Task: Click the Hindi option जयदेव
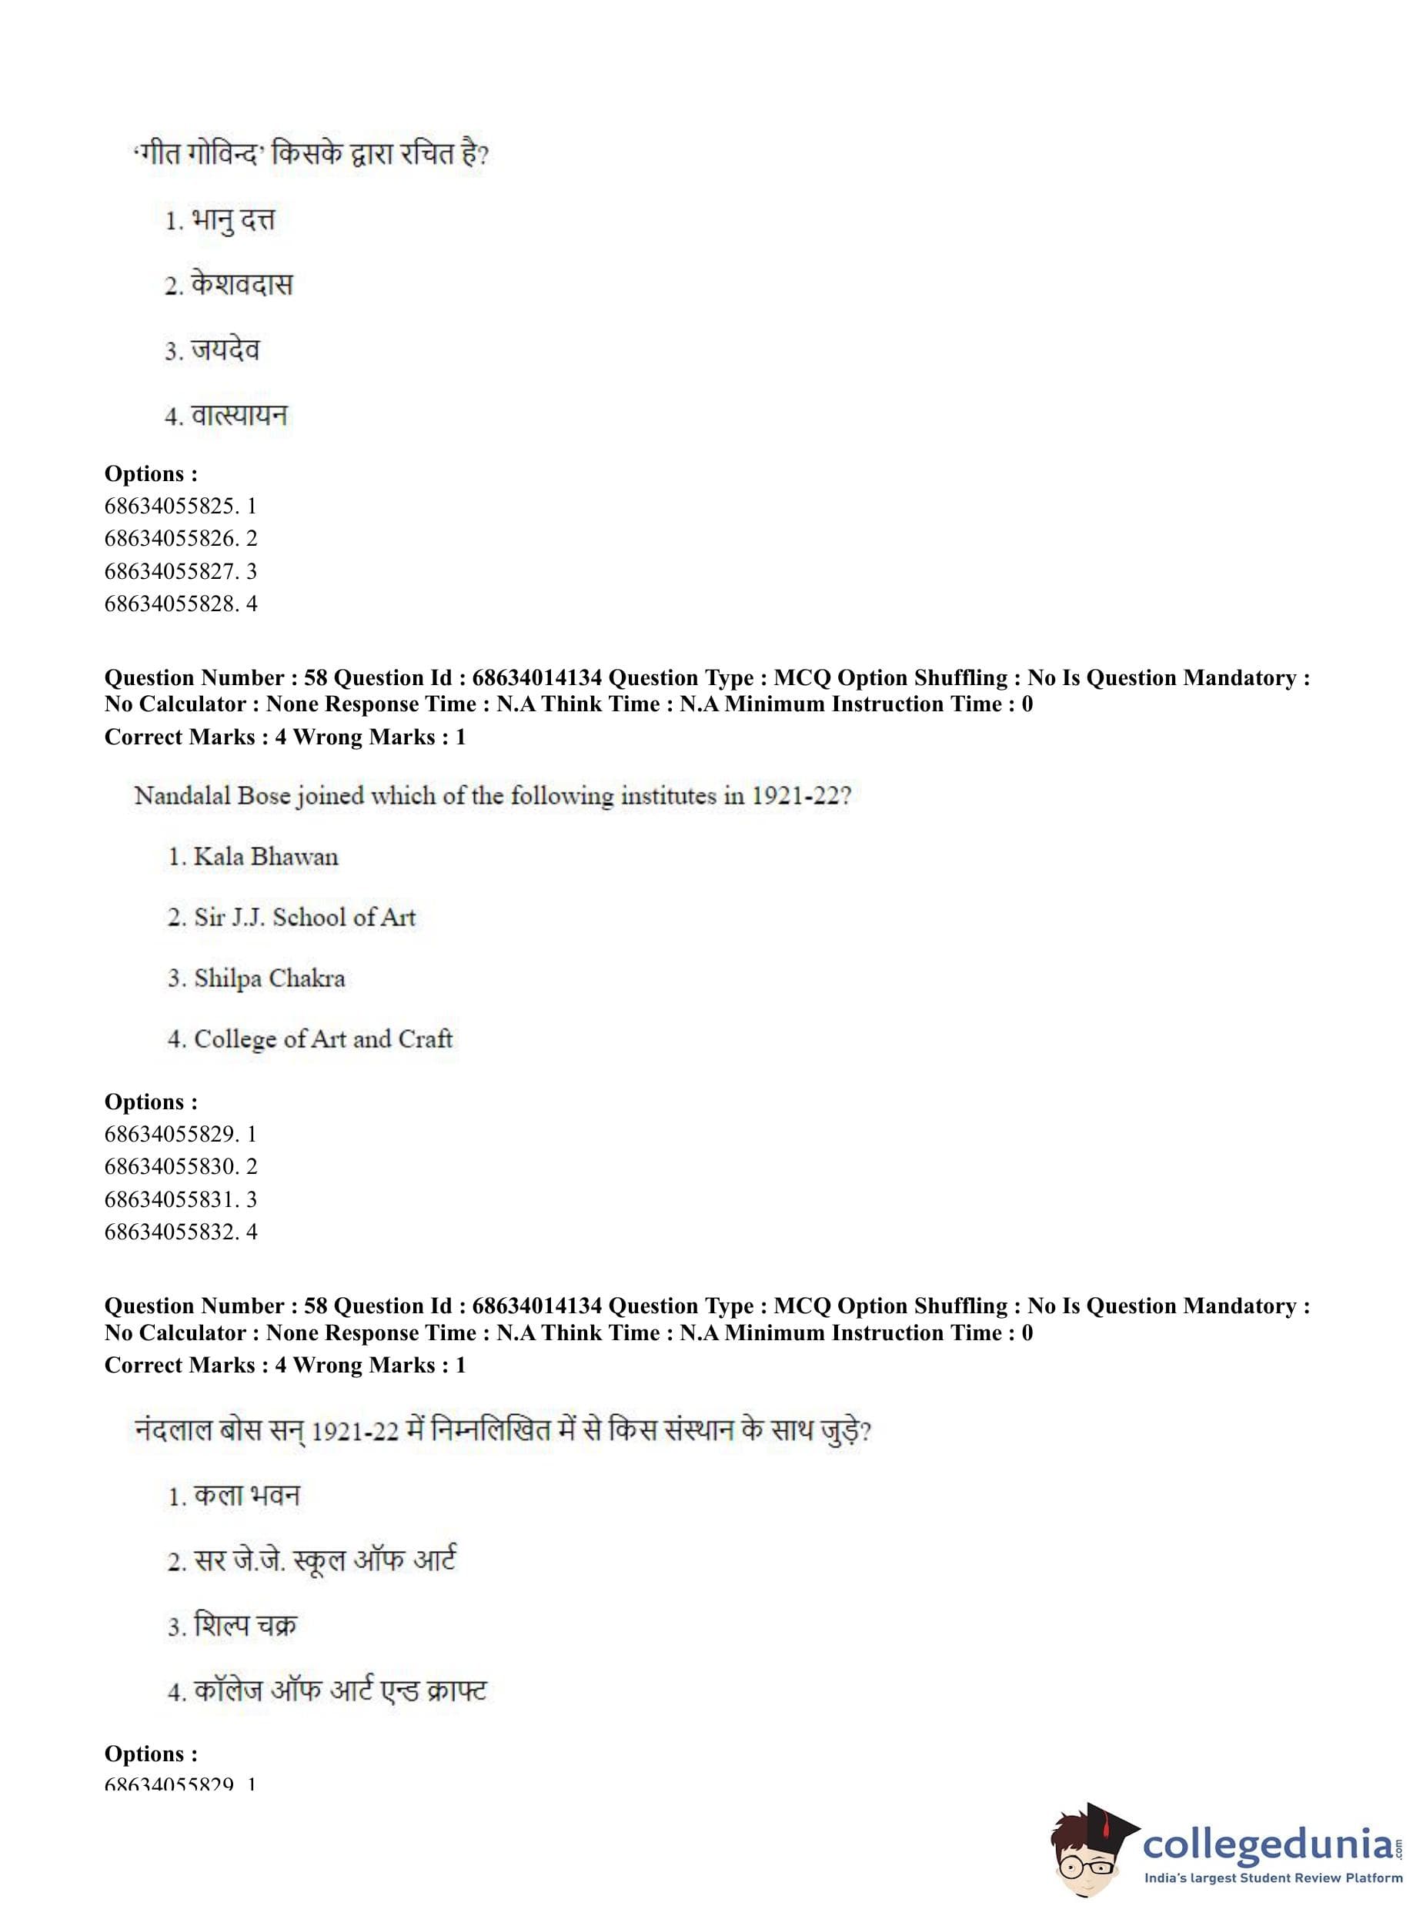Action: click(x=224, y=350)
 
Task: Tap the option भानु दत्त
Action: click(x=232, y=221)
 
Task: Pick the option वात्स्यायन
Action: click(x=239, y=416)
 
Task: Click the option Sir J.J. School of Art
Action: click(x=304, y=917)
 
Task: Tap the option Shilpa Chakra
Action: click(x=269, y=978)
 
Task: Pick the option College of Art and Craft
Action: click(x=322, y=1038)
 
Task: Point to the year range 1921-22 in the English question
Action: click(x=800, y=796)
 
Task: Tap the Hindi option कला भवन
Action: click(x=246, y=1496)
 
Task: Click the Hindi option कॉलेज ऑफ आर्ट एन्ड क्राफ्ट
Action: click(x=339, y=1690)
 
